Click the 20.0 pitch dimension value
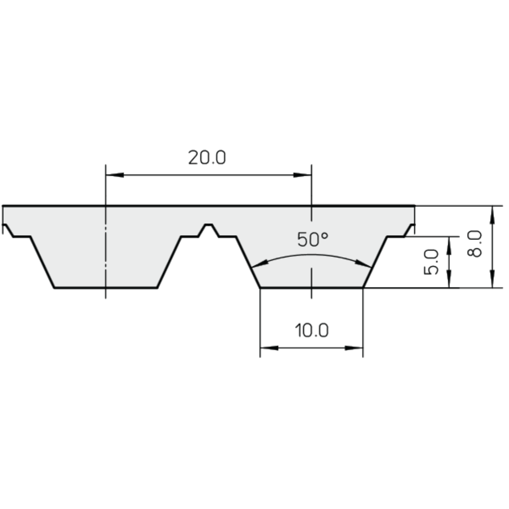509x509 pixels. [x=207, y=158]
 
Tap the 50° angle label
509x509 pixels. [x=312, y=240]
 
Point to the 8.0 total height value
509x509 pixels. [x=475, y=243]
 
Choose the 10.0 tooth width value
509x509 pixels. [x=312, y=331]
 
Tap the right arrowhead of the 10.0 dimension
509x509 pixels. [x=354, y=348]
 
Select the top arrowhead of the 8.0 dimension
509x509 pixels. [x=492, y=213]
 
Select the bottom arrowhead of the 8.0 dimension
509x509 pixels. [x=492, y=280]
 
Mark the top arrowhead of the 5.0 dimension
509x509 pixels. [x=448, y=244]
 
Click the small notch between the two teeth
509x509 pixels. [x=208, y=228]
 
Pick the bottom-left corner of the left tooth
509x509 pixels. [x=54, y=287]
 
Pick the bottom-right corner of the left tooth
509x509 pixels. [x=157, y=287]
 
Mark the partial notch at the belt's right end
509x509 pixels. [x=410, y=229]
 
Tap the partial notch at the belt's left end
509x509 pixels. [x=7, y=229]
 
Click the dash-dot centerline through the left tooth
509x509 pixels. [x=106, y=254]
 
